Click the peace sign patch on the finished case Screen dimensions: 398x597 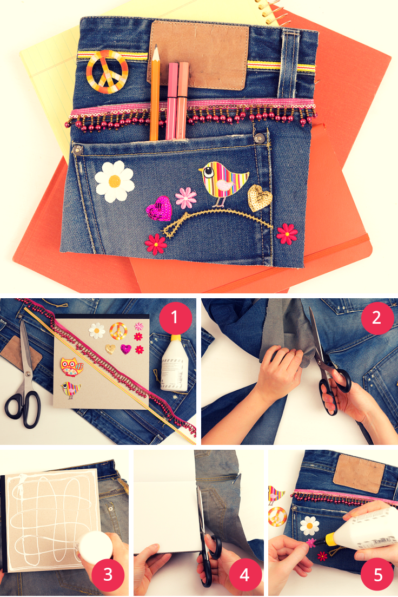point(107,71)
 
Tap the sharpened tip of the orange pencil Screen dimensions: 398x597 point(156,46)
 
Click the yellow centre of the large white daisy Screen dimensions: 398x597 point(115,181)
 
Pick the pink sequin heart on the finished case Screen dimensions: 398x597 point(159,208)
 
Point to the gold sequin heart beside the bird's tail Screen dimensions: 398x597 point(260,198)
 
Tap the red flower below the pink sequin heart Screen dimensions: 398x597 point(156,244)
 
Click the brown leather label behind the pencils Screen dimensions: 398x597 point(198,55)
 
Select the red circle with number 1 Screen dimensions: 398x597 point(175,317)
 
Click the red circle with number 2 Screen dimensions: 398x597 point(377,318)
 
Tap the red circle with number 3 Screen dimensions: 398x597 point(108,574)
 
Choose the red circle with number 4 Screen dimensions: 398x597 point(244,574)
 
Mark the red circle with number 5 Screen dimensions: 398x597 point(377,574)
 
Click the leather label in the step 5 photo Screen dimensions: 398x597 point(359,473)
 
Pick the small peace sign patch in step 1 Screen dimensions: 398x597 point(118,331)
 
